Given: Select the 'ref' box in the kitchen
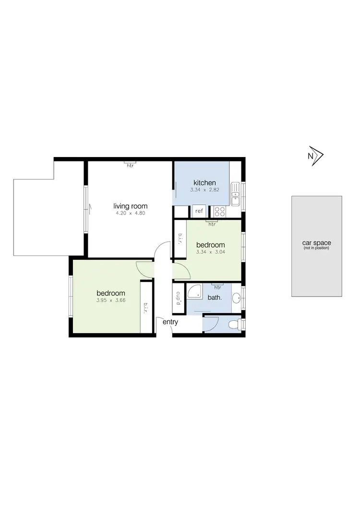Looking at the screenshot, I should (x=199, y=211).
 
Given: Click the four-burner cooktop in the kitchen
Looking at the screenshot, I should (x=220, y=210).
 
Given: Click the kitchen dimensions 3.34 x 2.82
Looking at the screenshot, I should (x=204, y=190).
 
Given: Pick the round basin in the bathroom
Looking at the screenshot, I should (x=235, y=297).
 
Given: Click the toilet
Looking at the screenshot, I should (x=233, y=325).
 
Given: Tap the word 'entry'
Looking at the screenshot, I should (x=170, y=322).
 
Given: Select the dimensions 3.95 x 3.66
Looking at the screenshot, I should (x=111, y=301).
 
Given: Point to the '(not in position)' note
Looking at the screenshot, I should (x=316, y=248).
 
